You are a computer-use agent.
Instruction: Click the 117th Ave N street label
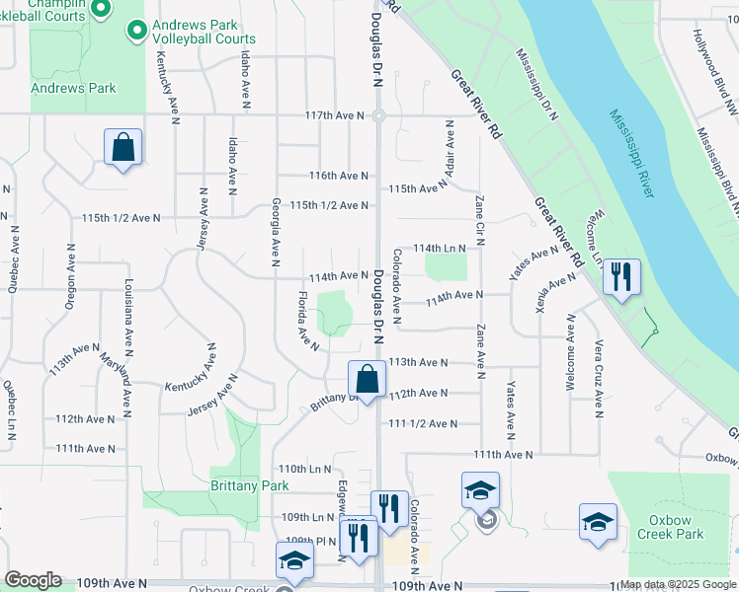[335, 115]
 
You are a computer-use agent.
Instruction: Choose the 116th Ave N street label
[338, 176]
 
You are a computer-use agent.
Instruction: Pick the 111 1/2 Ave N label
[424, 423]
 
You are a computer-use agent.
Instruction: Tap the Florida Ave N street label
[309, 321]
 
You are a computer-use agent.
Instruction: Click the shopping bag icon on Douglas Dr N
[367, 379]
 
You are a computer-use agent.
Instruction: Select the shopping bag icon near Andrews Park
[123, 147]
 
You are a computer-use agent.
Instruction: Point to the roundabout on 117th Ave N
[378, 116]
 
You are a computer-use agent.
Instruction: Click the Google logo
[34, 580]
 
